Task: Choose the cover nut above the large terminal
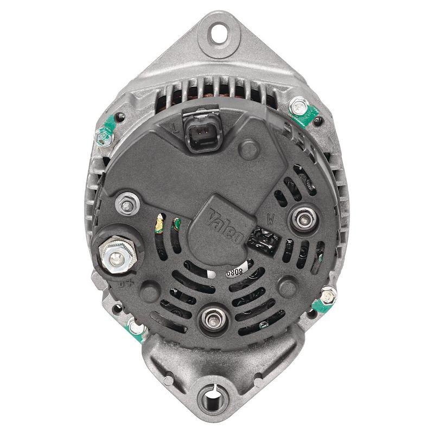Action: pos(127,205)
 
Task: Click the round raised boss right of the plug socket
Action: pos(249,147)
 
